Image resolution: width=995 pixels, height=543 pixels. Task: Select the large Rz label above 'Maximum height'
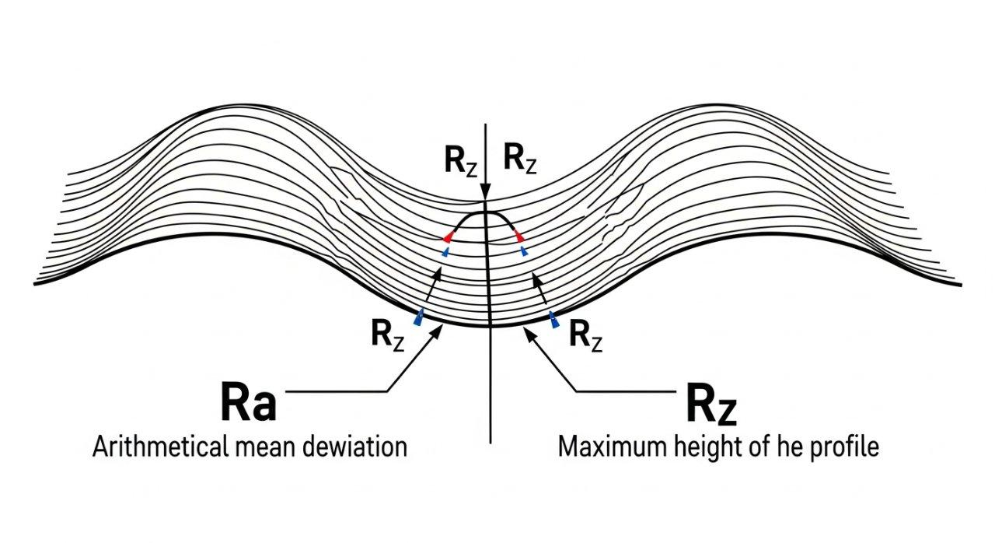pos(711,405)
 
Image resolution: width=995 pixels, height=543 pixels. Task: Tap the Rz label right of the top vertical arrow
pos(519,159)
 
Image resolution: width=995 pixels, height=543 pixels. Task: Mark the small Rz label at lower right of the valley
pos(586,335)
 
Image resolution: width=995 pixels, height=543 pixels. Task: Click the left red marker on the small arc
pos(449,236)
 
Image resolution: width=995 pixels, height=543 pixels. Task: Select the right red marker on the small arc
pos(517,236)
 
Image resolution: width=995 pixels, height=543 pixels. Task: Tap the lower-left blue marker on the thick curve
pos(419,317)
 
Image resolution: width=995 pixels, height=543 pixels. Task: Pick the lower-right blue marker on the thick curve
pos(553,319)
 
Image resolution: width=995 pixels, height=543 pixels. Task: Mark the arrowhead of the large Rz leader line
pos(529,331)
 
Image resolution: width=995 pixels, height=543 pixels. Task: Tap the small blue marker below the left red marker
pos(445,252)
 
